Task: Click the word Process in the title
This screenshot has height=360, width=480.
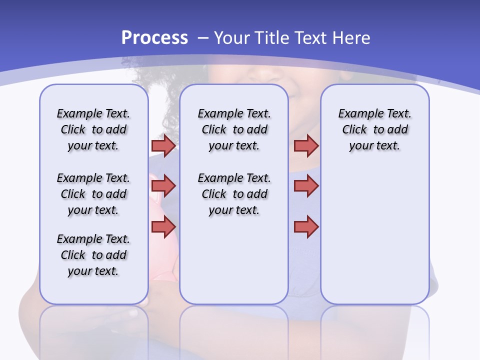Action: pos(154,37)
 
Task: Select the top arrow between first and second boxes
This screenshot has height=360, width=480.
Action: pos(163,145)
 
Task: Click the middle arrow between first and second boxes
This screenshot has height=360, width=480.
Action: pos(163,186)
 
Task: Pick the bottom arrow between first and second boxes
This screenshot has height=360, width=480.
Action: pos(163,226)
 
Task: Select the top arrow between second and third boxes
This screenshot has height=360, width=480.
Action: pos(306,145)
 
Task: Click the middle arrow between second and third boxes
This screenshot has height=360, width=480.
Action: pos(306,186)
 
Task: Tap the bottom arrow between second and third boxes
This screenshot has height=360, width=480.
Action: pos(306,226)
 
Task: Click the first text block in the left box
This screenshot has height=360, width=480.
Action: pos(93,129)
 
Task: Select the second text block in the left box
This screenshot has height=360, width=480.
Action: pos(93,194)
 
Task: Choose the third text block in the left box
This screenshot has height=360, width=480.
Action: pos(93,255)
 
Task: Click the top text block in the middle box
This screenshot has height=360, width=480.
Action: pos(234,129)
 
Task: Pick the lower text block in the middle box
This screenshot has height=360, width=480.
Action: pos(234,194)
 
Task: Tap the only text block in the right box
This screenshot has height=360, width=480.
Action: pos(374,129)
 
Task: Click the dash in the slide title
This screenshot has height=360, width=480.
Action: pos(202,38)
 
